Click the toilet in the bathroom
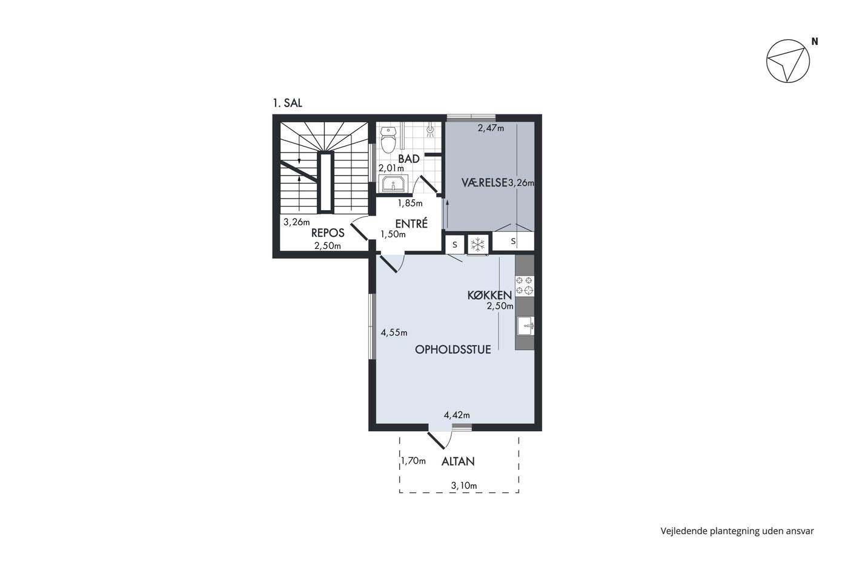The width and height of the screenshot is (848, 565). click(388, 140)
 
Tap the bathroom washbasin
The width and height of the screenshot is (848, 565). click(394, 184)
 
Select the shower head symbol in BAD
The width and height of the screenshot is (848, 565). click(431, 130)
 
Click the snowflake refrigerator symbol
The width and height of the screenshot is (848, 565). click(478, 245)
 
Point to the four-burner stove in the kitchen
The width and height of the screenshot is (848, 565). click(525, 286)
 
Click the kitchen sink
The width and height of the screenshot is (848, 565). click(526, 326)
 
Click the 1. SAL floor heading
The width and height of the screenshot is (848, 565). click(287, 103)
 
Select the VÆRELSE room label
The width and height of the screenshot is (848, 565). click(484, 183)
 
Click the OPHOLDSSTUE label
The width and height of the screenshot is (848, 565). click(453, 349)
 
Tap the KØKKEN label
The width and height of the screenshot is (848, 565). click(489, 295)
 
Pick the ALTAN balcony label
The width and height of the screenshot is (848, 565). click(458, 461)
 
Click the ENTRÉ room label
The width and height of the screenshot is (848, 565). click(411, 223)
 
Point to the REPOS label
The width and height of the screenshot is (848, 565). click(328, 233)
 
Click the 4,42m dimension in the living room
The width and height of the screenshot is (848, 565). click(457, 415)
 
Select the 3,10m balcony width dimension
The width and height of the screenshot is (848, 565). click(464, 486)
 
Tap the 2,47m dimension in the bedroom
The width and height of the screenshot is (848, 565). click(491, 128)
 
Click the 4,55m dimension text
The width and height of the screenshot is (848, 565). click(394, 332)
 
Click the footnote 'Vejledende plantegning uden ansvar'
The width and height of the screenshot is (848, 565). click(737, 531)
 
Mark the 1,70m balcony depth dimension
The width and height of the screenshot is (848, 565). click(413, 461)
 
